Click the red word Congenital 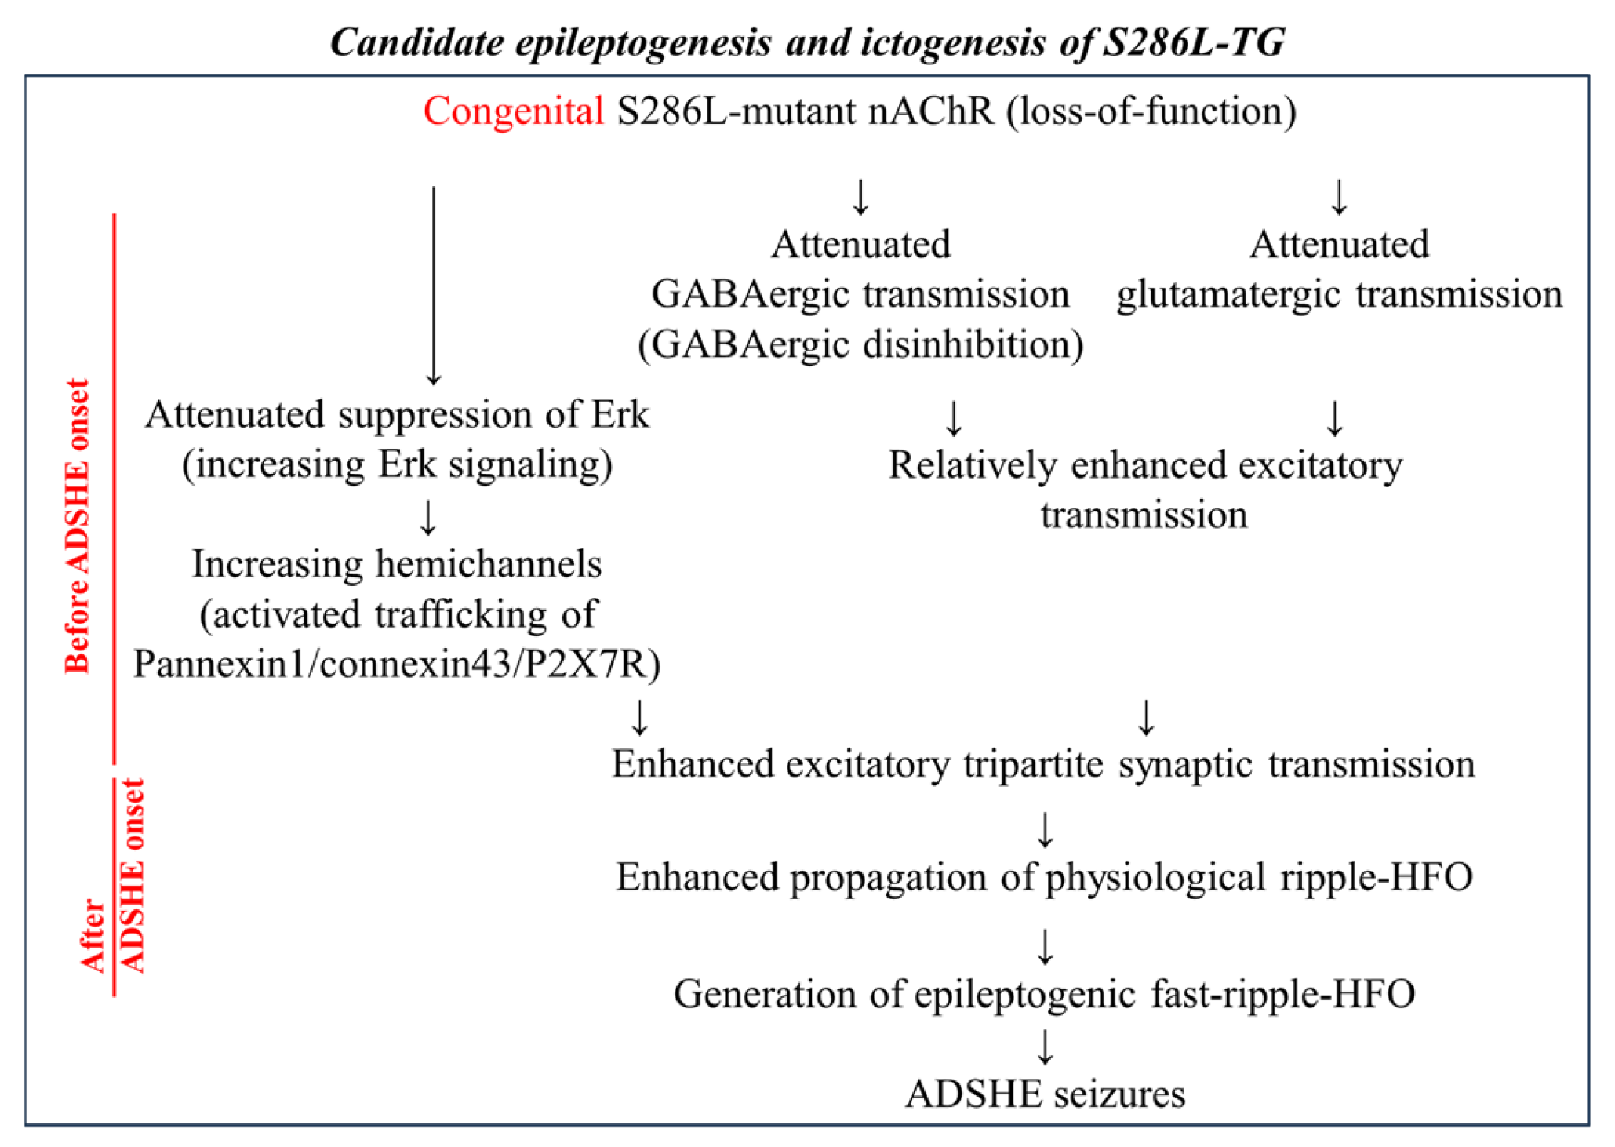[513, 111]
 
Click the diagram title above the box [807, 42]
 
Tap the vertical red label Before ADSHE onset [77, 526]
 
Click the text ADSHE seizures [1045, 1094]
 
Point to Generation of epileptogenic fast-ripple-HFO [1044, 994]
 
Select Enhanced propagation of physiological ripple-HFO [1044, 877]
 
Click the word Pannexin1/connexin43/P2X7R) [397, 664]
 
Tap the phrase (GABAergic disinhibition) [860, 344]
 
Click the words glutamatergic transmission [1339, 294]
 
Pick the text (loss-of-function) [1151, 111]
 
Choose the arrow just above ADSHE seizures [1045, 1046]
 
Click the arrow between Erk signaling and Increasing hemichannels [428, 516]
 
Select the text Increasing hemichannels [397, 564]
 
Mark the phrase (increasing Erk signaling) [397, 464]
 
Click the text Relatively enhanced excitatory [1144, 464]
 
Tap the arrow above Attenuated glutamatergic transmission [1339, 196]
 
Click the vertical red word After [93, 935]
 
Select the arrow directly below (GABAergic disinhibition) [954, 417]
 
